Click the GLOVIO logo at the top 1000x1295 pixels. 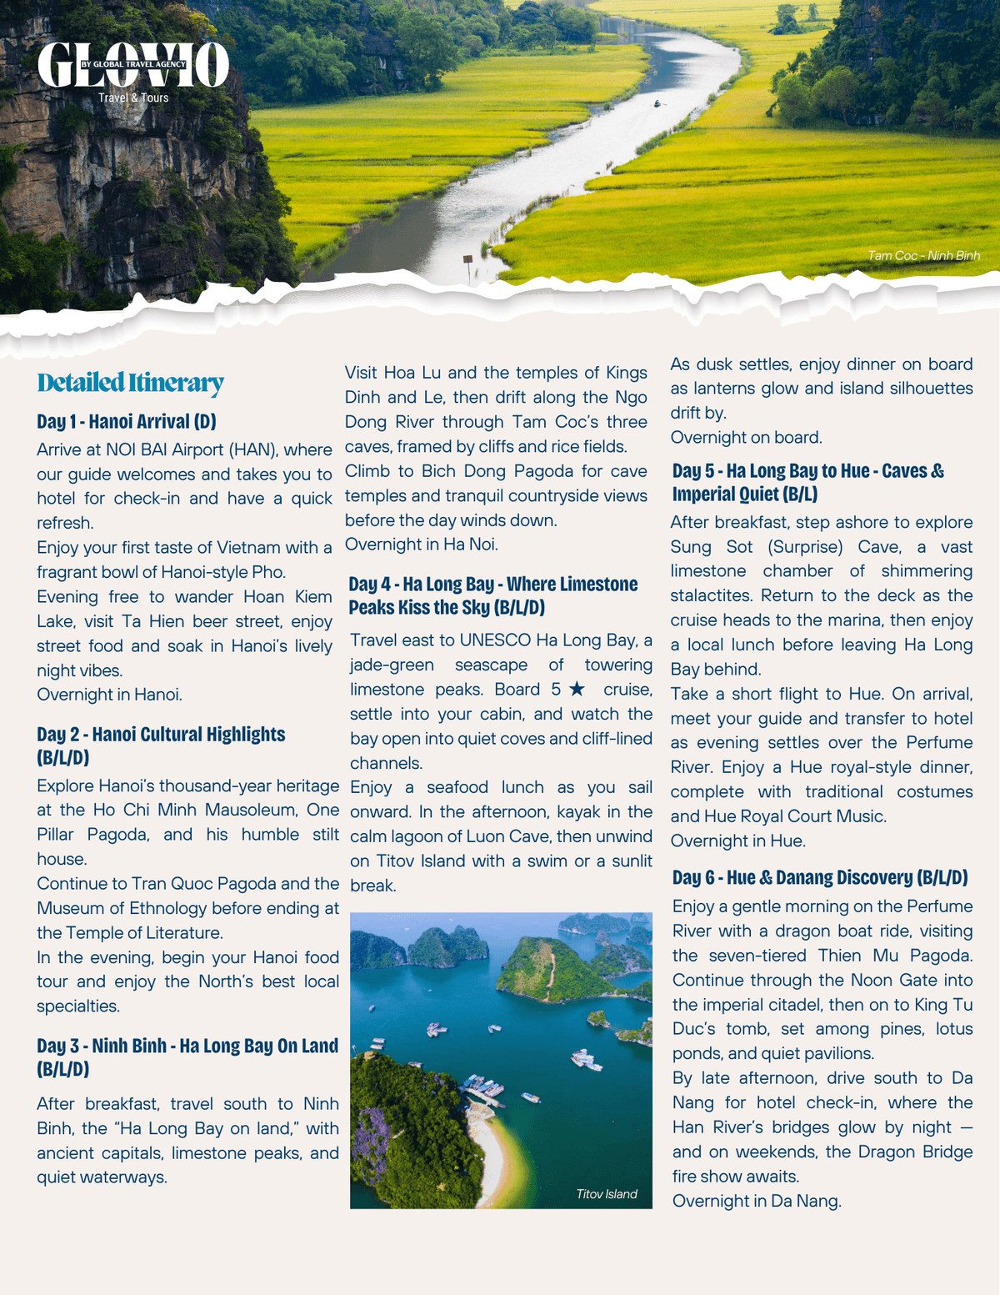tap(133, 65)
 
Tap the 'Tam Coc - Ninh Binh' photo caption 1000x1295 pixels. tap(923, 256)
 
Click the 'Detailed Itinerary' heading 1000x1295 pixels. tap(131, 383)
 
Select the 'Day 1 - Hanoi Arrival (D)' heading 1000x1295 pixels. tap(127, 421)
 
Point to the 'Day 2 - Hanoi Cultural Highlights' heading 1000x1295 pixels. tap(161, 735)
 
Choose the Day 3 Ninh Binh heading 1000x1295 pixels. tap(187, 1047)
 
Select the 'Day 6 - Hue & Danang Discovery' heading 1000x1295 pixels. tap(820, 877)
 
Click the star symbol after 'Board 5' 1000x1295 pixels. tap(577, 690)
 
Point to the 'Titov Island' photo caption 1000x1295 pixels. tap(607, 1194)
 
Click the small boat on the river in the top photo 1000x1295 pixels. tap(657, 103)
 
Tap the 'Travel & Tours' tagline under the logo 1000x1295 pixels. tap(133, 98)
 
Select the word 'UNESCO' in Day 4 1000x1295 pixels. tap(495, 640)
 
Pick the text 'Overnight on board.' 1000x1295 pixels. tap(746, 438)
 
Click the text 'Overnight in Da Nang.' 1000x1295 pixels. tap(757, 1201)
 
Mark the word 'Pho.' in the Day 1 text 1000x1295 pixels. tap(268, 572)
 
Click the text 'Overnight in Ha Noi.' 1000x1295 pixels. tap(422, 545)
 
